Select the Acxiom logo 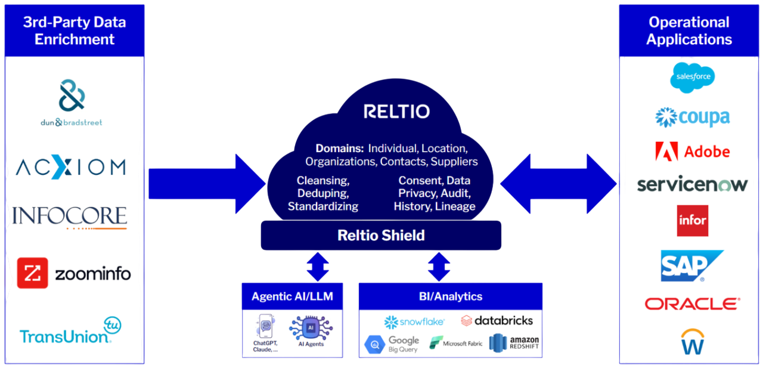point(72,166)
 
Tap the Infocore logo point(70,217)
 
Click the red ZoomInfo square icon point(32,273)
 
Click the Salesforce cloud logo point(692,77)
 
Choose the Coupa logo point(692,117)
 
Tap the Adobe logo point(692,151)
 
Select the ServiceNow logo point(692,184)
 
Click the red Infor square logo point(692,220)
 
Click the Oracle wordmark point(692,304)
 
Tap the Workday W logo point(692,342)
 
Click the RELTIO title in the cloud point(396,112)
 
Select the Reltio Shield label point(381,235)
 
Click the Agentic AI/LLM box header point(292,296)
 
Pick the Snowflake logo point(414,321)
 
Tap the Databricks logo point(497,321)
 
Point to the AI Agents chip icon point(311,329)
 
